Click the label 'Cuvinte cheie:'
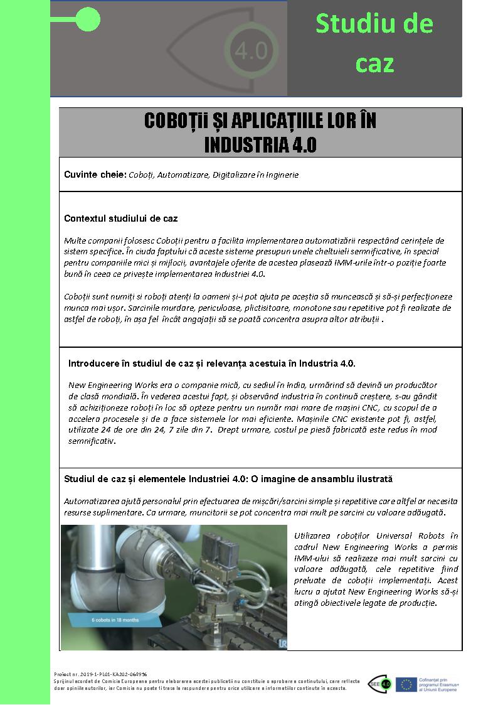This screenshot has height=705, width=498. [x=95, y=175]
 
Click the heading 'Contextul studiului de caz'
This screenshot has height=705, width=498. [x=120, y=218]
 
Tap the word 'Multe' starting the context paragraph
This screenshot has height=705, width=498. [x=75, y=240]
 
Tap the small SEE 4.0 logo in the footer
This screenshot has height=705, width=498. [x=381, y=684]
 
